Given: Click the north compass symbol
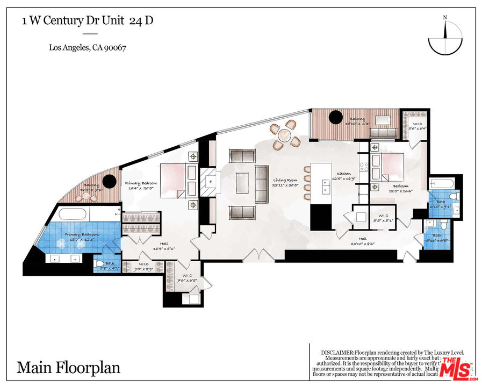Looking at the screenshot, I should [445, 38].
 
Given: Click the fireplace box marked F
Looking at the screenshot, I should [211, 182].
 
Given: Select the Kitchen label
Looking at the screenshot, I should [344, 174].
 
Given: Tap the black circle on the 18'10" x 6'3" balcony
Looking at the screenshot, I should [336, 117].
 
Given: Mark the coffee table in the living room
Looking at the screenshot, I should [242, 183].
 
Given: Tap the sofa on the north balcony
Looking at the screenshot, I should [383, 133].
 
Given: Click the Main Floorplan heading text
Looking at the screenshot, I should [68, 368].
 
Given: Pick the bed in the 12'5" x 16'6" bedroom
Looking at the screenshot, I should [388, 165].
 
